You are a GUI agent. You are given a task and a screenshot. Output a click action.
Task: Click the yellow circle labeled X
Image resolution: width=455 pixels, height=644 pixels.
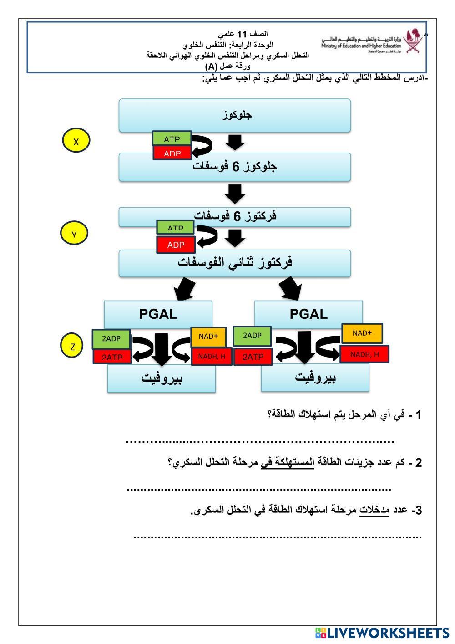tap(76, 141)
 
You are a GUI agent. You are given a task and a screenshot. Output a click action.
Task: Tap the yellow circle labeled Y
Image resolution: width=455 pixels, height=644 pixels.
tap(74, 234)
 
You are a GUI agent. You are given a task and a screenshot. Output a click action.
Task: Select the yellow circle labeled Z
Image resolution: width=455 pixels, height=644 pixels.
tap(73, 346)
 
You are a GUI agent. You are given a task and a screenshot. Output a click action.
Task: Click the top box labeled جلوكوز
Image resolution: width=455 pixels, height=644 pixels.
tap(235, 115)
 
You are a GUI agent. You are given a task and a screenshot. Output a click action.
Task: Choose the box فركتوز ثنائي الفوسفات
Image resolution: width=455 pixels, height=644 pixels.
tap(235, 263)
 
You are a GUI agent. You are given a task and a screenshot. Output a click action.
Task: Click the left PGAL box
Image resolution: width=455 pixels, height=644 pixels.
tap(158, 314)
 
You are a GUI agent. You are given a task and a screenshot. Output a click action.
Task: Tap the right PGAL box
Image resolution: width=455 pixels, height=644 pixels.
tap(308, 314)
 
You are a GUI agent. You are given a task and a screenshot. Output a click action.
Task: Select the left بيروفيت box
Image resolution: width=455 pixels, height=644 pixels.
tap(162, 379)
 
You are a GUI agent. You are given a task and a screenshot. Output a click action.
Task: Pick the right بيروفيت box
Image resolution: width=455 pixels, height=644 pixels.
tap(315, 378)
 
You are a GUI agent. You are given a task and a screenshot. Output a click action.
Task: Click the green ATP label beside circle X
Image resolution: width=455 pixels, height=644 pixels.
tap(172, 138)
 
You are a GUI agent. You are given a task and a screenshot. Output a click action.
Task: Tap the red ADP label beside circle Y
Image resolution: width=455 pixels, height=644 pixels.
tap(176, 245)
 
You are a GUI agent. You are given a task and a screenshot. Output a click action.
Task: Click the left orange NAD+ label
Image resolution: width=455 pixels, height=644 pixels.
tap(208, 337)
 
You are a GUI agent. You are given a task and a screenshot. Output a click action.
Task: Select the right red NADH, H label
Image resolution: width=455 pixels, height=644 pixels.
tap(364, 354)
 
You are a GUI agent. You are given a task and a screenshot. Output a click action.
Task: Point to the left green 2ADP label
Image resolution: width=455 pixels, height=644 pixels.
tap(111, 339)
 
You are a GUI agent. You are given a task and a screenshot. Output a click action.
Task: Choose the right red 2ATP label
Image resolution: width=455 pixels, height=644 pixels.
tap(253, 357)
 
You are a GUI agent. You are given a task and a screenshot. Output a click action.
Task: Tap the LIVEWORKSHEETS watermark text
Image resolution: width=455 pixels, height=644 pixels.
tap(387, 633)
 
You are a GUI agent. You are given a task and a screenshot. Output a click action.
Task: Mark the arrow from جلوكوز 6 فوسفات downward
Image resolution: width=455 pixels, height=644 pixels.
tap(235, 194)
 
